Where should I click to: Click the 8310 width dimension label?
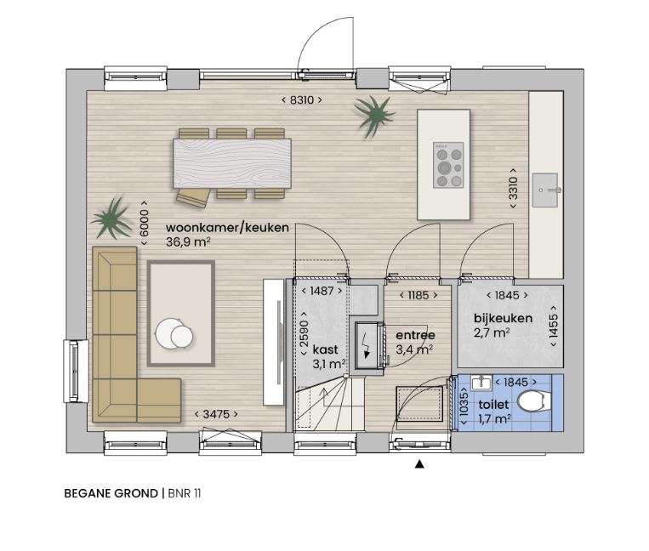[x=302, y=100]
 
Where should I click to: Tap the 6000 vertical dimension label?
[x=144, y=223]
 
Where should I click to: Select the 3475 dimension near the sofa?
[x=216, y=414]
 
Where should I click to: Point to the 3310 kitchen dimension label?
[x=513, y=188]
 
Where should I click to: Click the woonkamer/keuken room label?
[x=227, y=228]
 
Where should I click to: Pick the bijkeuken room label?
[x=503, y=318]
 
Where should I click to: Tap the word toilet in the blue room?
[x=493, y=404]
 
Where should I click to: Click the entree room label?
[x=415, y=335]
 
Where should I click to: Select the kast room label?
[x=325, y=349]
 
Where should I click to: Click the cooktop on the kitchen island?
[x=448, y=165]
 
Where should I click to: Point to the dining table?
[x=231, y=163]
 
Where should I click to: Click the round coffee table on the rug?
[x=174, y=333]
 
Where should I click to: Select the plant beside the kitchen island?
[x=373, y=115]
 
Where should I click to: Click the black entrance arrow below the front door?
[x=419, y=464]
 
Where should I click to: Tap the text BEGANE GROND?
[x=111, y=493]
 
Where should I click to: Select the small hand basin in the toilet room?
[x=481, y=383]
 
